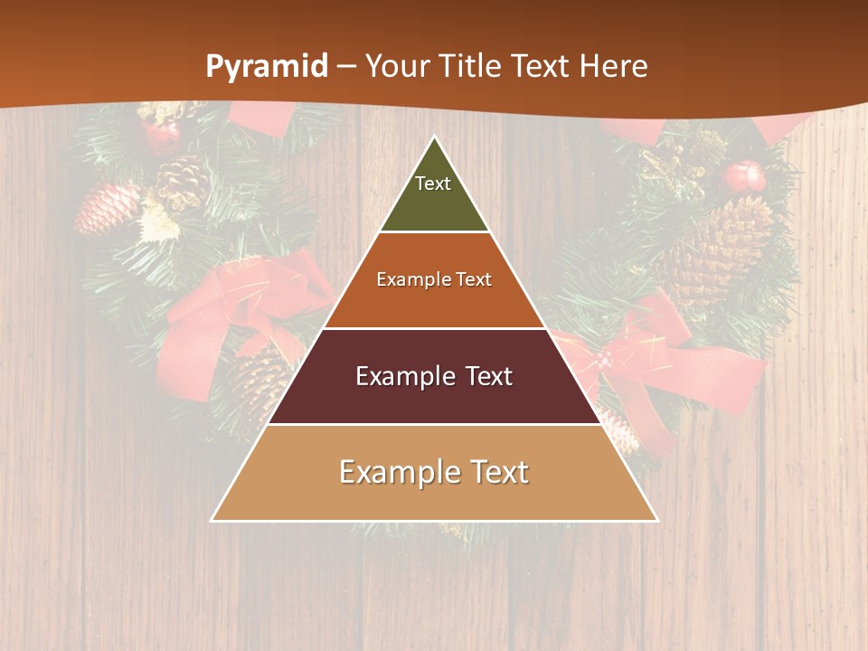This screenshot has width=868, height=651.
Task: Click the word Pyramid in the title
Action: tap(266, 67)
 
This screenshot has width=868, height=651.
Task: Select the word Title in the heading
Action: tap(473, 66)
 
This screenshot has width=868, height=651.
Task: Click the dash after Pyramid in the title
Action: tap(345, 67)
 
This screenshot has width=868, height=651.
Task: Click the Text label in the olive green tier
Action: tap(433, 184)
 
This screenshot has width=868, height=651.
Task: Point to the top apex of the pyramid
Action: tap(435, 137)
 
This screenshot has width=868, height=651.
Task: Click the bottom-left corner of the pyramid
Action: tap(212, 520)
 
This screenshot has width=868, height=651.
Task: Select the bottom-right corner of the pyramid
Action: tap(656, 520)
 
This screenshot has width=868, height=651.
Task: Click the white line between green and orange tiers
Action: tap(435, 232)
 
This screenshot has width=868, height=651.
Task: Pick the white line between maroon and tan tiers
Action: tap(435, 424)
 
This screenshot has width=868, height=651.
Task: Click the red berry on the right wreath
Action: tap(747, 175)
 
